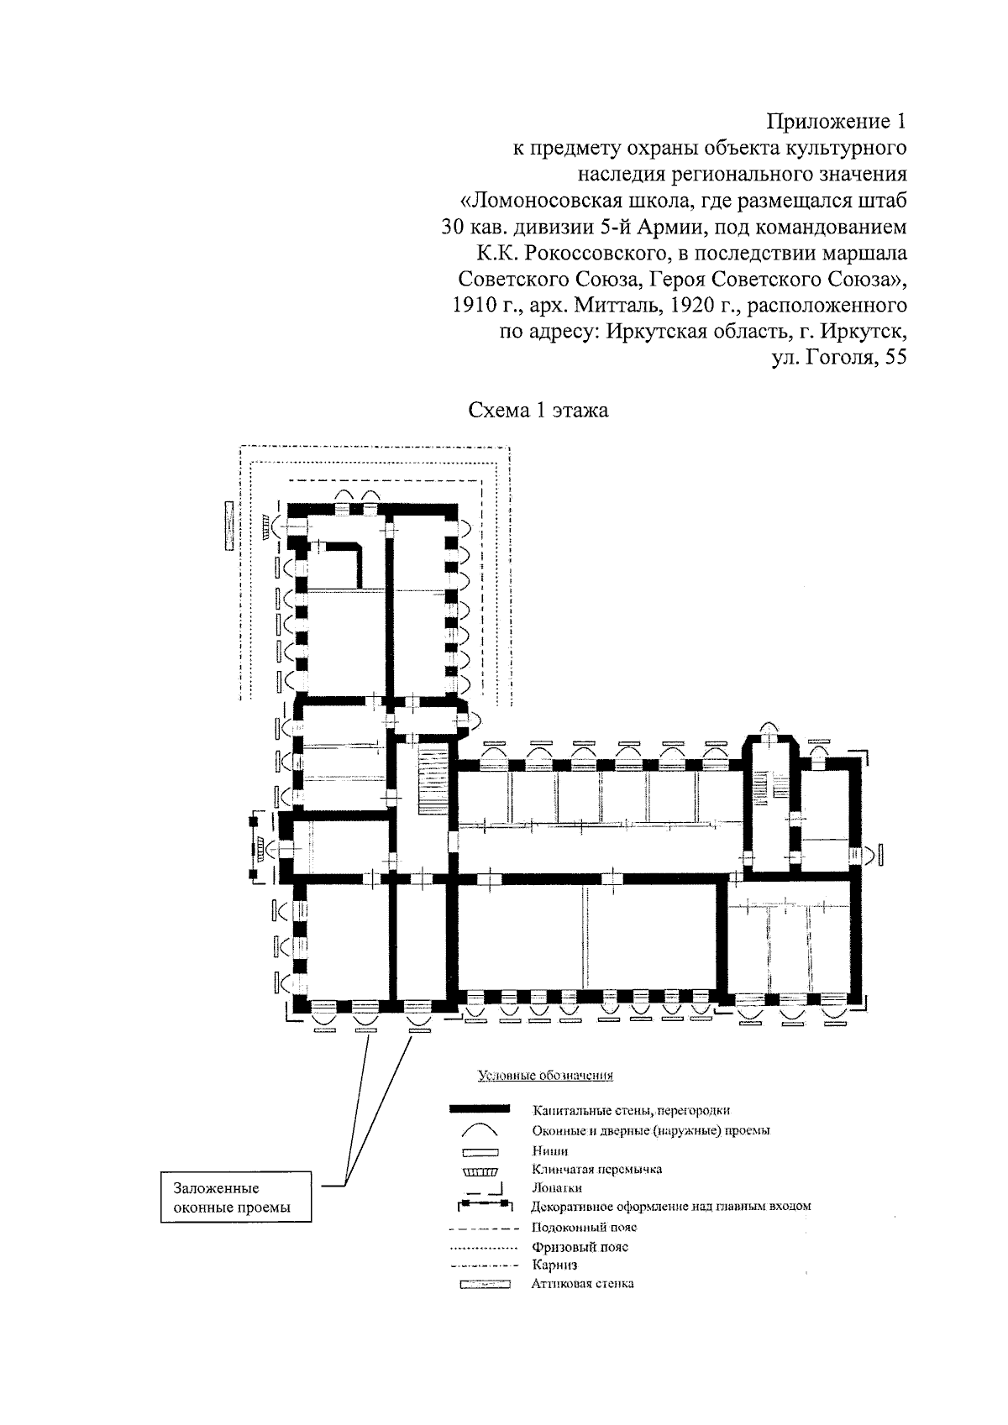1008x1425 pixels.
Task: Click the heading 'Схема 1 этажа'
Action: pyautogui.click(x=538, y=411)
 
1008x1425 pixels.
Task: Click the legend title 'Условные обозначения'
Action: pyautogui.click(x=545, y=1075)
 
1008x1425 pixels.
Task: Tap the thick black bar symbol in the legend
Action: pyautogui.click(x=480, y=1110)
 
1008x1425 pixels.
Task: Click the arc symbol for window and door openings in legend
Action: pyautogui.click(x=480, y=1131)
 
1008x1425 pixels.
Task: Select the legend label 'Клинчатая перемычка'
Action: pyautogui.click(x=596, y=1169)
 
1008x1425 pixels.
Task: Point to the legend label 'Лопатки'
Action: pyautogui.click(x=557, y=1188)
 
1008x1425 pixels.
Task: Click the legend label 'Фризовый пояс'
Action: pyautogui.click(x=580, y=1247)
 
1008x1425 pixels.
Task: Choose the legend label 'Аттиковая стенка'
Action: pyautogui.click(x=583, y=1284)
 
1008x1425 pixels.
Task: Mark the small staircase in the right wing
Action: pyautogui.click(x=762, y=790)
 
